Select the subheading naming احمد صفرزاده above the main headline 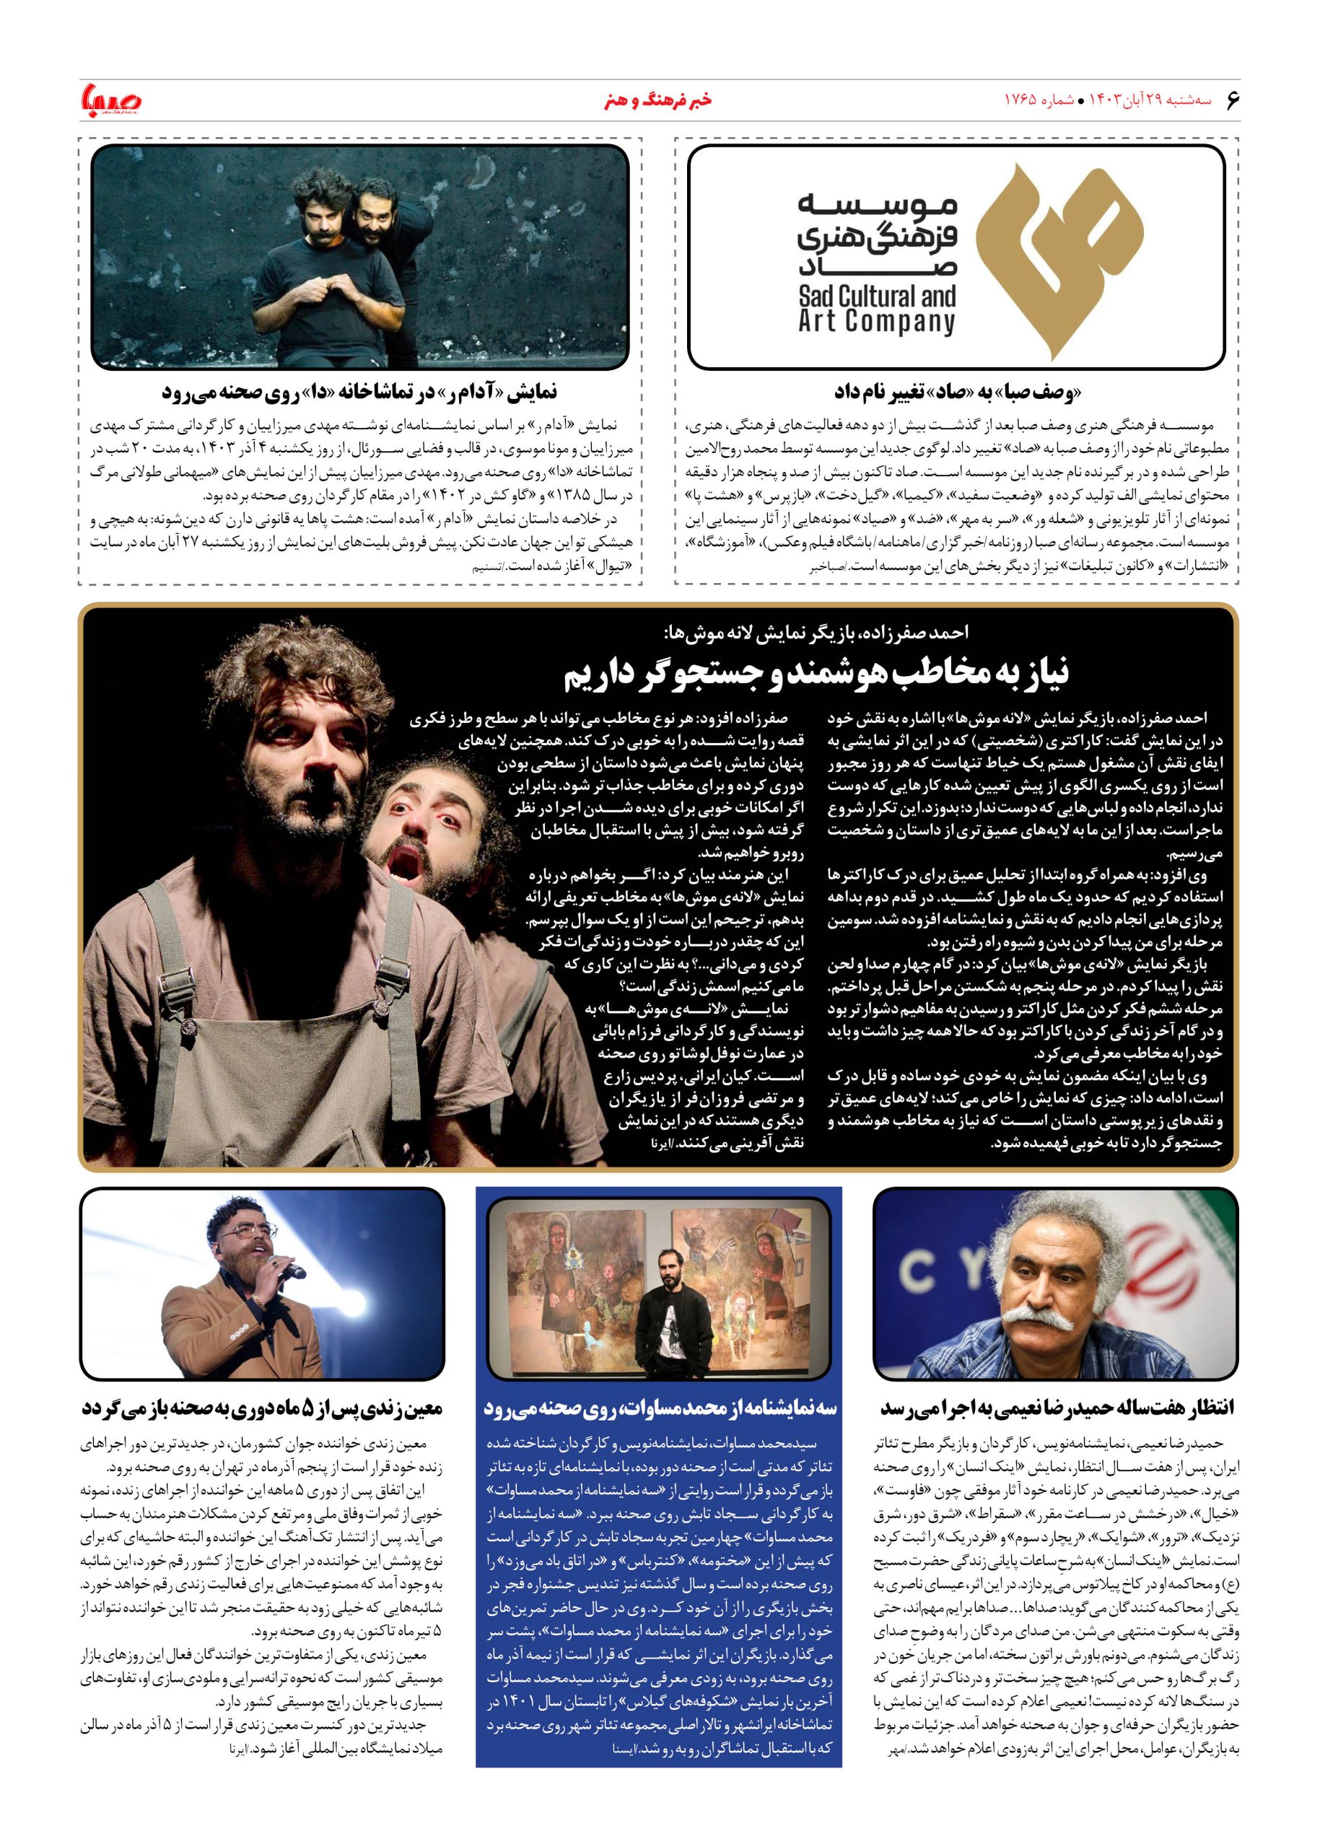click(818, 632)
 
